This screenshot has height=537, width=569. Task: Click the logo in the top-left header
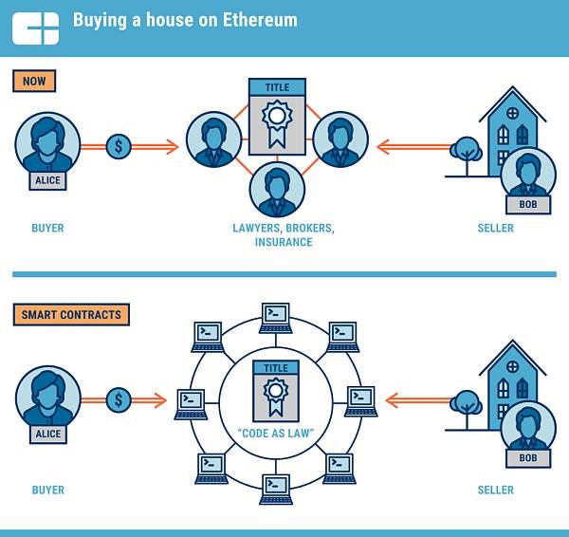[35, 28]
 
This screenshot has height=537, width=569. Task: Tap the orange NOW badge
[35, 82]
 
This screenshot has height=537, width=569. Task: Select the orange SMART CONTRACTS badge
[70, 314]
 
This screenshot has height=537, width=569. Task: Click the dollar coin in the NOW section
[118, 146]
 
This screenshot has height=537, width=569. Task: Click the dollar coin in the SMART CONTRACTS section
[119, 399]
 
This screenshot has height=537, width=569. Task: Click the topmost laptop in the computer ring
[275, 315]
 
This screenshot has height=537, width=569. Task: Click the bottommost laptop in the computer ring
[275, 488]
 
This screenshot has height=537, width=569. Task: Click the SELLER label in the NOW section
[496, 229]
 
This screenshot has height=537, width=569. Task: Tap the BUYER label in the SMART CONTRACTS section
[48, 491]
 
